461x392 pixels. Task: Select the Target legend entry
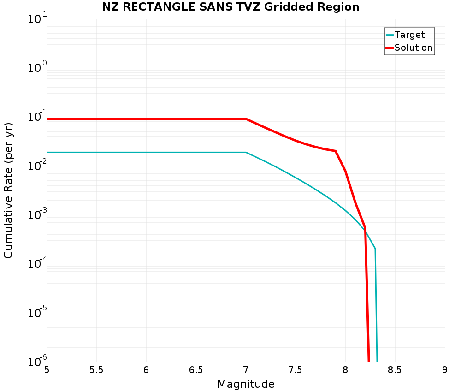point(409,35)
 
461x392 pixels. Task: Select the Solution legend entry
point(414,48)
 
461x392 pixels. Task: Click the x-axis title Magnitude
point(246,384)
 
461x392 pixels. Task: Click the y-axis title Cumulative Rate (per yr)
point(9,190)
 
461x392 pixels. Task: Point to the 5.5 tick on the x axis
point(96,370)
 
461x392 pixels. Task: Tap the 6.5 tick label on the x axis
point(196,370)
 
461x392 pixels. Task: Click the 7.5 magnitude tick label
point(296,370)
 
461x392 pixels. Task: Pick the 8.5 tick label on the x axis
point(395,370)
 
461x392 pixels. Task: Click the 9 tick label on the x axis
point(445,370)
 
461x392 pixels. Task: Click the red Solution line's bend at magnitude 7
point(246,119)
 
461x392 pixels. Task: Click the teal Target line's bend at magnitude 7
point(246,152)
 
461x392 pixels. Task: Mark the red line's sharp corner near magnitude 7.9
point(336,151)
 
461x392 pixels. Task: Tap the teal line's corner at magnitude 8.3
point(375,249)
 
